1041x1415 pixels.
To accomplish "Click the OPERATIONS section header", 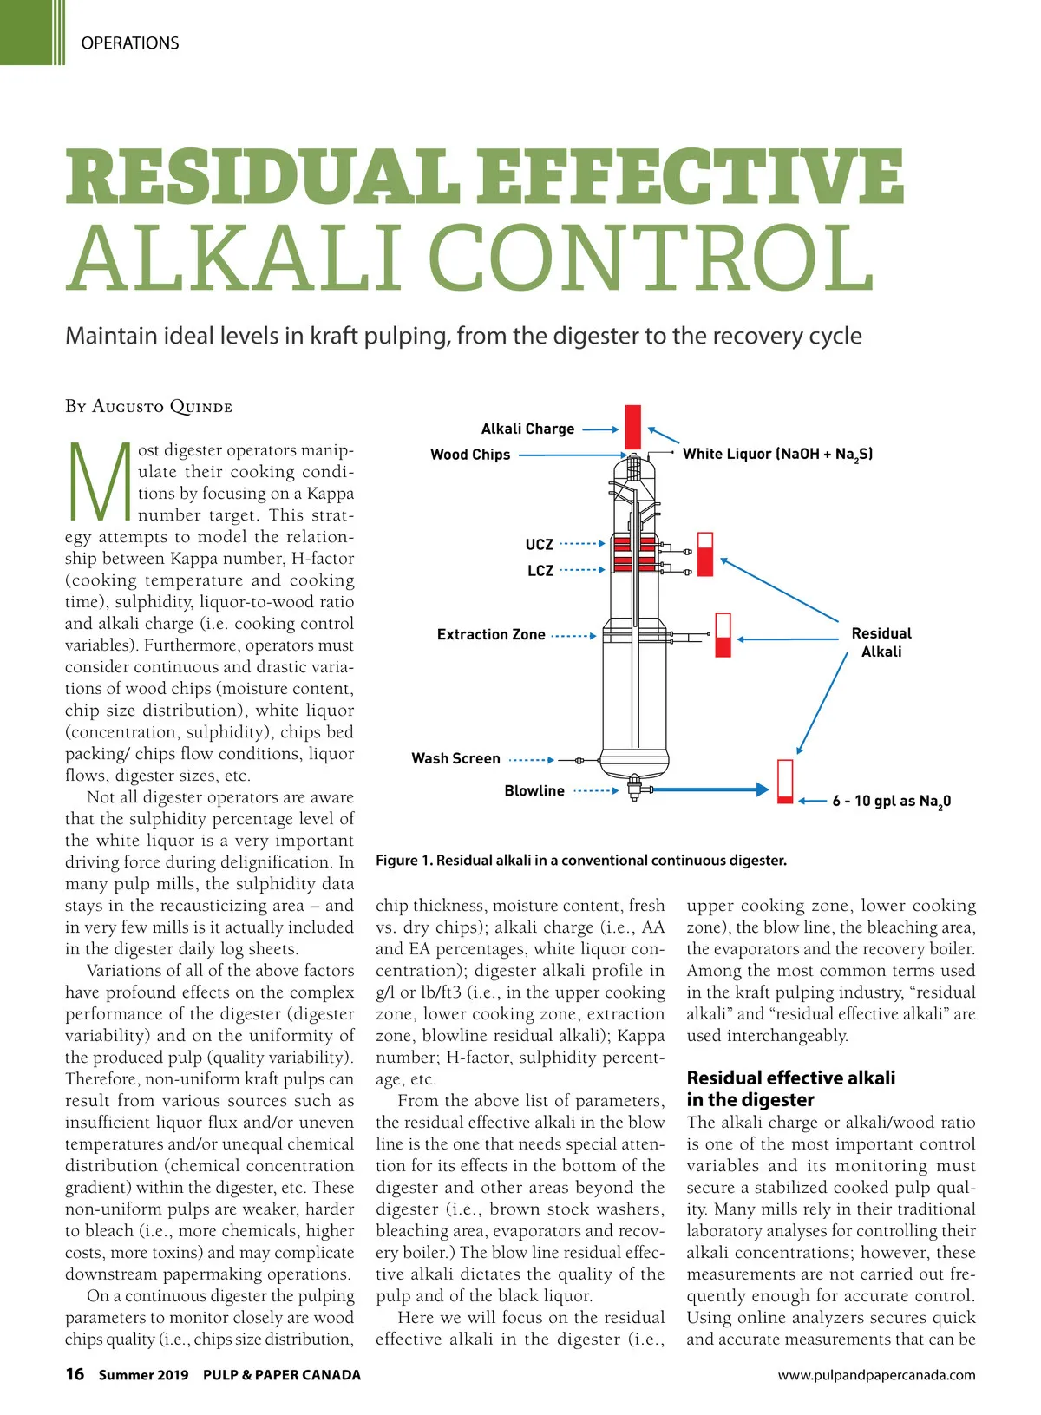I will pyautogui.click(x=129, y=43).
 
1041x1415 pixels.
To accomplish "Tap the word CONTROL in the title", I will pyautogui.click(x=651, y=259).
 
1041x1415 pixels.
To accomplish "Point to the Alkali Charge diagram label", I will pyautogui.click(x=527, y=429).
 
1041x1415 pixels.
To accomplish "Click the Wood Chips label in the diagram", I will pyautogui.click(x=470, y=455).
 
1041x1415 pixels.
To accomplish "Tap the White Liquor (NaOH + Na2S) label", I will pyautogui.click(x=777, y=454).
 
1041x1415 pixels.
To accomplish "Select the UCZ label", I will pyautogui.click(x=539, y=544).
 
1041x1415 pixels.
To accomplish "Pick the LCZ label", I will pyautogui.click(x=540, y=570).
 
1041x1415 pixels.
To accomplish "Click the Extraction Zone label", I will pyautogui.click(x=491, y=634).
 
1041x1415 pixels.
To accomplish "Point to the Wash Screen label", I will pyautogui.click(x=455, y=758).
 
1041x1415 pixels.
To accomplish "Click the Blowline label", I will pyautogui.click(x=534, y=790).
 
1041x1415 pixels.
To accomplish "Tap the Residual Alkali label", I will pyautogui.click(x=881, y=642).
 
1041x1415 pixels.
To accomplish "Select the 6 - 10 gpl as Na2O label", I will pyautogui.click(x=891, y=801).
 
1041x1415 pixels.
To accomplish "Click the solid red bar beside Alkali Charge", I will pyautogui.click(x=633, y=426).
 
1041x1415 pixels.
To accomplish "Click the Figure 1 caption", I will pyautogui.click(x=581, y=861).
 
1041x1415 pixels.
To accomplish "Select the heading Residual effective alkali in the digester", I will pyautogui.click(x=790, y=1088).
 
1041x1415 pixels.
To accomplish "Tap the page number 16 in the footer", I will pyautogui.click(x=75, y=1373).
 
